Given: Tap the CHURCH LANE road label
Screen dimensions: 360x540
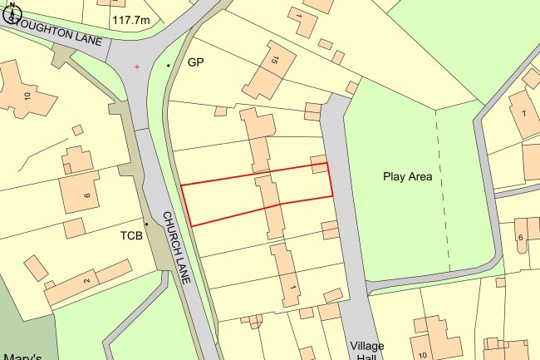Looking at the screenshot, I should point(177,247).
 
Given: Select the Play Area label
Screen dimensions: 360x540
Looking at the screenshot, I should point(408,176).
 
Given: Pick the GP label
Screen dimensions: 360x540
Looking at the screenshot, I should point(195,62).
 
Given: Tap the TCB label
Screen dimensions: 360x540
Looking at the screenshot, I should point(130,235).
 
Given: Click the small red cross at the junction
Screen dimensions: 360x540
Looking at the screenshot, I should point(137,66).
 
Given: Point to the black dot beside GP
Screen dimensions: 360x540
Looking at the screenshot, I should point(169,65).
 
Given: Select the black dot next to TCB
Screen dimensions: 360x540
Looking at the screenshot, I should point(147,224).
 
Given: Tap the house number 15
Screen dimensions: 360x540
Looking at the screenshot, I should point(270,59).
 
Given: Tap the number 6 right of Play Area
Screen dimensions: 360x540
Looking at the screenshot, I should point(521,239).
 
